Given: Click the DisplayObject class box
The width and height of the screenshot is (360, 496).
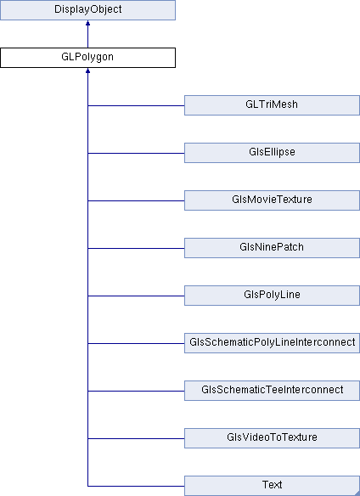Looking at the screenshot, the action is click(87, 10).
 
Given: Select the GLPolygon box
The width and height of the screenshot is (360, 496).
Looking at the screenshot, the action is click(87, 58).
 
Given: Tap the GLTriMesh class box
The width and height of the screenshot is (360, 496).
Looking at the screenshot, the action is click(272, 105).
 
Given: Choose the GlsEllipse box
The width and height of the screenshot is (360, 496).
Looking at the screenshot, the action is click(272, 153).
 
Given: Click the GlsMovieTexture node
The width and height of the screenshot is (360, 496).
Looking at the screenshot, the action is click(272, 200).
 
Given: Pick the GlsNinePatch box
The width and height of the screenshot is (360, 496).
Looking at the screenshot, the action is click(272, 248).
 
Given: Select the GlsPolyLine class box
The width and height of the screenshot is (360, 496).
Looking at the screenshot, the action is click(272, 296).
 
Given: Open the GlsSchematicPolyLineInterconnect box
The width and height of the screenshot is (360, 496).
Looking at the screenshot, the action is click(272, 343).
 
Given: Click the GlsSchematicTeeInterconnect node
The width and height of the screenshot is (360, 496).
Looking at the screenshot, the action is click(272, 391).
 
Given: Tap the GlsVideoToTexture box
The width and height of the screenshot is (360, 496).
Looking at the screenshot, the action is click(272, 438).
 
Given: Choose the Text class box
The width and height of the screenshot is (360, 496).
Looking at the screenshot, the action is click(272, 486).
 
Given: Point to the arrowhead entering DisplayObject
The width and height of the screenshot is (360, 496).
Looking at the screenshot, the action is click(87, 23).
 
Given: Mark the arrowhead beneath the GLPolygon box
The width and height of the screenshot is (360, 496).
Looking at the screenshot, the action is click(87, 70).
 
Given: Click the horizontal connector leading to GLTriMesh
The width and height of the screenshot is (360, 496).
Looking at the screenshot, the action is click(136, 105).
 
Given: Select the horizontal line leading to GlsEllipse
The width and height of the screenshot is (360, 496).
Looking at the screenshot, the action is click(136, 153).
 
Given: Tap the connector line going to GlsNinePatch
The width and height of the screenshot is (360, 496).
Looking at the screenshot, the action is click(136, 248).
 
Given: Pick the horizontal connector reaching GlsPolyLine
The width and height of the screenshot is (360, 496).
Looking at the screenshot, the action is click(136, 296).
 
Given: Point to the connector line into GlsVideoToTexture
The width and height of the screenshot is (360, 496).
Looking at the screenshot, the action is click(136, 438).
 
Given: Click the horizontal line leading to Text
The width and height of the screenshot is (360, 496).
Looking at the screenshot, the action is click(136, 486).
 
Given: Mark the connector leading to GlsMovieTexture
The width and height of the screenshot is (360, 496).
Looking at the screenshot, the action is click(136, 200).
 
